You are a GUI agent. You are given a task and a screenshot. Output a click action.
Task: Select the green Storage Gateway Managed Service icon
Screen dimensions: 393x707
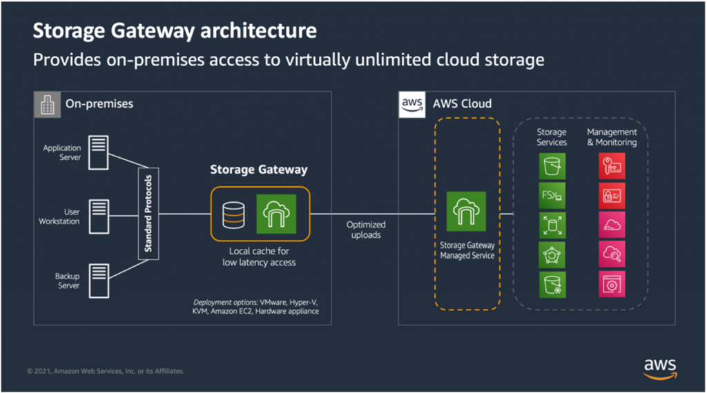pos(467,211)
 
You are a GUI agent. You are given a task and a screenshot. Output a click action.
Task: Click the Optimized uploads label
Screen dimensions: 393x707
pos(366,230)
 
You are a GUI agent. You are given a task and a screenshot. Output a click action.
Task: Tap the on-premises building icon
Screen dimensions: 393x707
pos(46,104)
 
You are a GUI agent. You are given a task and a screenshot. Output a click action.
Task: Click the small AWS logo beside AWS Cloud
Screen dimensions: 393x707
pos(412,103)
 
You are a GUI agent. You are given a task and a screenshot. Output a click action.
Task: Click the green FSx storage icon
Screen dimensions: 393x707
pos(552,196)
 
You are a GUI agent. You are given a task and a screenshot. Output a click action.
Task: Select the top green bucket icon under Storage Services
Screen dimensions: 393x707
pos(552,166)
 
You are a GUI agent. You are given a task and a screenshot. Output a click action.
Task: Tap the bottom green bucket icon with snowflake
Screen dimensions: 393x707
pos(552,284)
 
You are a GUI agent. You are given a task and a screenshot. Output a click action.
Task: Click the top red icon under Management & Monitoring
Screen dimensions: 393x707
pos(612,166)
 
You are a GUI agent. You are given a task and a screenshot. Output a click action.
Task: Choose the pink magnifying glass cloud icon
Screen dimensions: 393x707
pos(612,254)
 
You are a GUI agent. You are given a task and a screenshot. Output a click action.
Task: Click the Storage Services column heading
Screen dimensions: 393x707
pos(552,137)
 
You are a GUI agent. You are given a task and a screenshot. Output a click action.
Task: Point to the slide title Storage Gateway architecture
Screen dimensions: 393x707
pos(175,31)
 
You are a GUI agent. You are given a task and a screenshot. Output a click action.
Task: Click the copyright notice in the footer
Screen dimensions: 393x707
pos(106,371)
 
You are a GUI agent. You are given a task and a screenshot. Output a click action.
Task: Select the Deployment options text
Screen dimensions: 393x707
pos(255,307)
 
